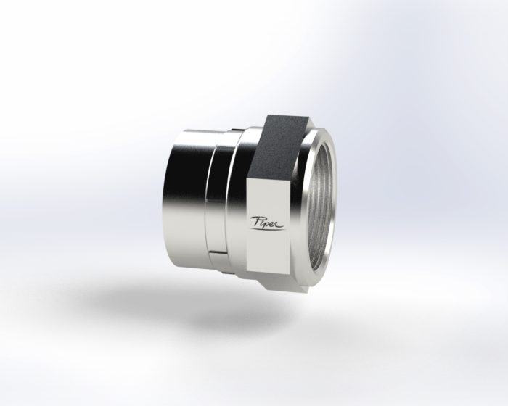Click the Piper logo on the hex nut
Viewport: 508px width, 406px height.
[x=268, y=222]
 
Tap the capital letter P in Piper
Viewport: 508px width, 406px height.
[x=255, y=220]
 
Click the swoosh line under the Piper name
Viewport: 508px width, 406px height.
[x=270, y=228]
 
